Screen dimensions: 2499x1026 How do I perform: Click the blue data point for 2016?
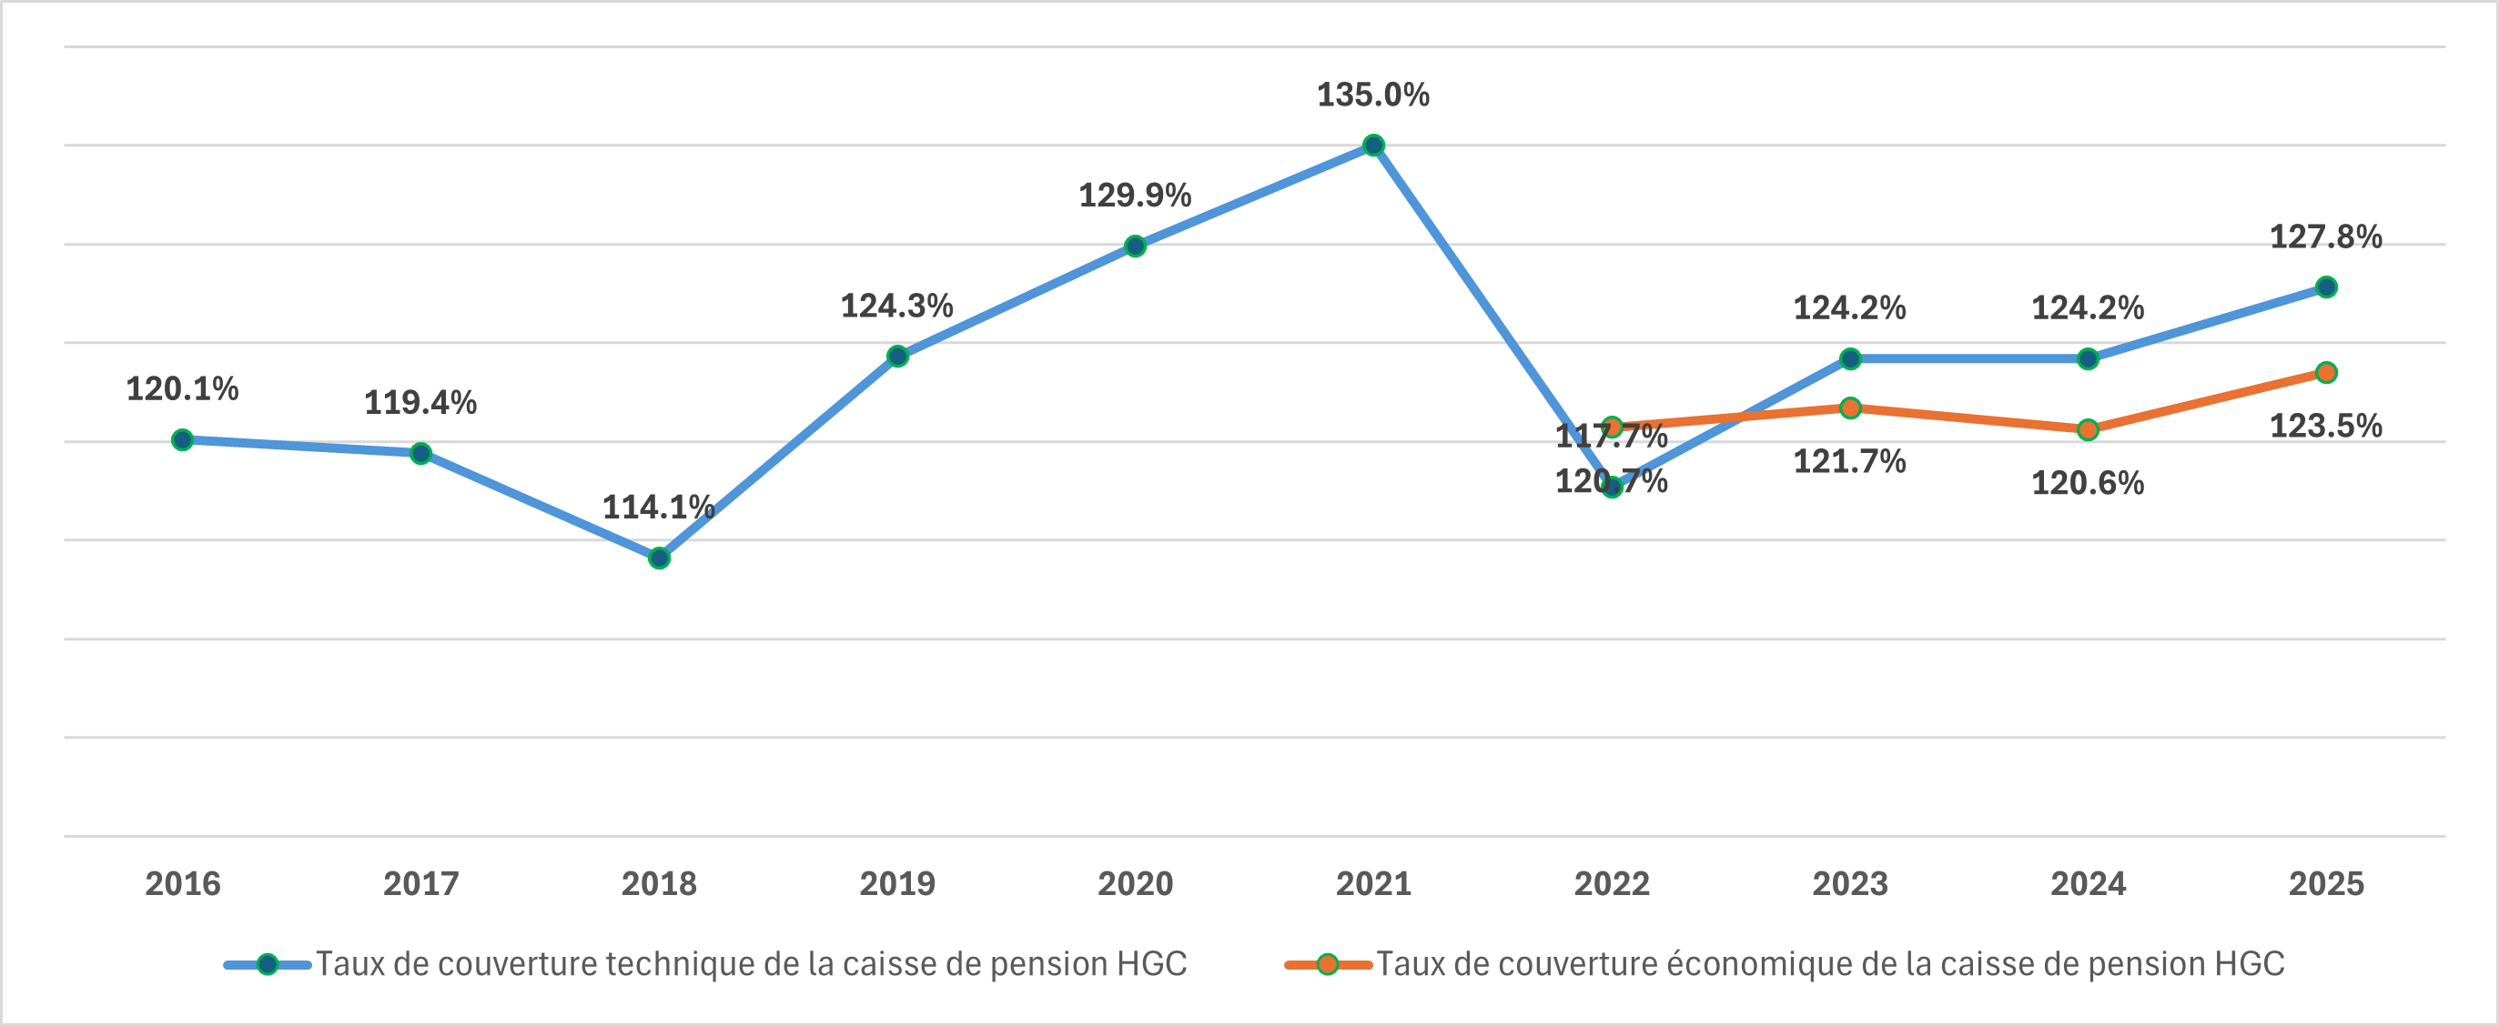[x=182, y=440]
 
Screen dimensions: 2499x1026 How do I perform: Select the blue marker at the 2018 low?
[x=659, y=558]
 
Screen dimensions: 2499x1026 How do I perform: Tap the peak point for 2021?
[x=1373, y=146]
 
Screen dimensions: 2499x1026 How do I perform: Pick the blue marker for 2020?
[x=1135, y=246]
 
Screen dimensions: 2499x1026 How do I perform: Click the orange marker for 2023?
[x=1850, y=408]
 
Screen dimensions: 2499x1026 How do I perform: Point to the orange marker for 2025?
[x=2326, y=372]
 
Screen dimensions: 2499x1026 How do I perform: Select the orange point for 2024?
[x=2088, y=429]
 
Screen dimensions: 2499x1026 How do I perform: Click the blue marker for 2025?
[x=2326, y=287]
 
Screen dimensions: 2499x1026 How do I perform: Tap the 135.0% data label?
[x=1372, y=95]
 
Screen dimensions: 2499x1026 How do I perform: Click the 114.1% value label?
[x=659, y=508]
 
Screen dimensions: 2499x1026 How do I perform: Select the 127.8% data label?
[x=2325, y=236]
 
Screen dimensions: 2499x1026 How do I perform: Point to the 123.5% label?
[x=2325, y=426]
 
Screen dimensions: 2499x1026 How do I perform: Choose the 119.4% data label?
[x=420, y=402]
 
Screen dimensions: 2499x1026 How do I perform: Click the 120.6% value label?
[x=2088, y=483]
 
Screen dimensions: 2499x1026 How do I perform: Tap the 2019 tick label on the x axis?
[x=897, y=883]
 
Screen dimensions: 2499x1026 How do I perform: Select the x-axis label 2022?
[x=1612, y=883]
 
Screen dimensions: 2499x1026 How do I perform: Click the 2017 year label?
[x=421, y=883]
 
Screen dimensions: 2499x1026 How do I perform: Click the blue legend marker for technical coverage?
[x=268, y=965]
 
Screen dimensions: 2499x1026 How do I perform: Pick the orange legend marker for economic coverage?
[x=1328, y=965]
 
